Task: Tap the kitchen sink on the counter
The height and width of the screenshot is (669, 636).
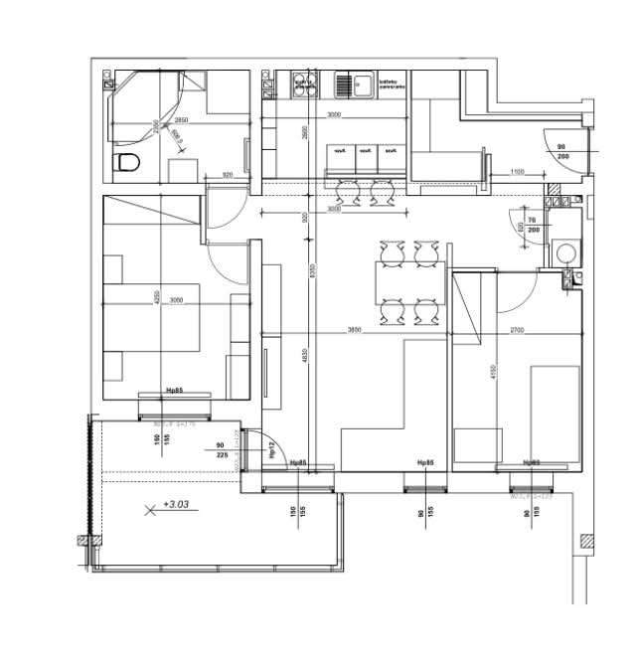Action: pyautogui.click(x=352, y=85)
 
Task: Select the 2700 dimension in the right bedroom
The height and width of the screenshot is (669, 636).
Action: pyautogui.click(x=518, y=329)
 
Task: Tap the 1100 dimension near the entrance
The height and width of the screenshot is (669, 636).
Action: pyautogui.click(x=517, y=173)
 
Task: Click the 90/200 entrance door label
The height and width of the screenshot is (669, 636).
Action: pyautogui.click(x=561, y=151)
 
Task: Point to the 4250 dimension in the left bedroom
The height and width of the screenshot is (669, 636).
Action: pyautogui.click(x=156, y=296)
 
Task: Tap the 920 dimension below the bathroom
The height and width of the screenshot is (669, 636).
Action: pyautogui.click(x=228, y=175)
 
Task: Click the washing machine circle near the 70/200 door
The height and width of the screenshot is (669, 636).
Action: pyautogui.click(x=565, y=251)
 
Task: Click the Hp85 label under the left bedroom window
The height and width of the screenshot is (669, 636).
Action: pyautogui.click(x=175, y=391)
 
